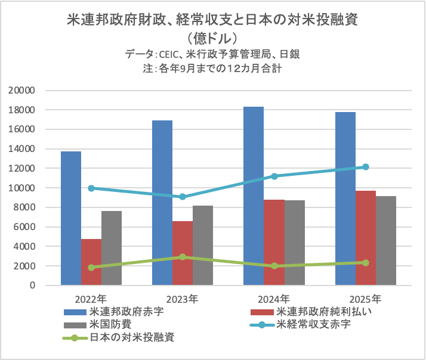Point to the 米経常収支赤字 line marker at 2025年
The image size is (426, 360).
pos(366,167)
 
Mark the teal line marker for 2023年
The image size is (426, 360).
pos(183,197)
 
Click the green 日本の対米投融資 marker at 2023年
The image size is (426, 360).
pos(183,257)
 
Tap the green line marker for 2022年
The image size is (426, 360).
pos(91,268)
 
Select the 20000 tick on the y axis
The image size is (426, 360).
pos(23,91)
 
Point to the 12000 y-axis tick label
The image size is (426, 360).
pos(23,169)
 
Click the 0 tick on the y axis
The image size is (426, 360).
pos(33,285)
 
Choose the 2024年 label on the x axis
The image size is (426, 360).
pos(274,297)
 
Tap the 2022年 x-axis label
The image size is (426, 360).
pos(91,297)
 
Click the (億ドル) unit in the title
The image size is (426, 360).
pos(213,38)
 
